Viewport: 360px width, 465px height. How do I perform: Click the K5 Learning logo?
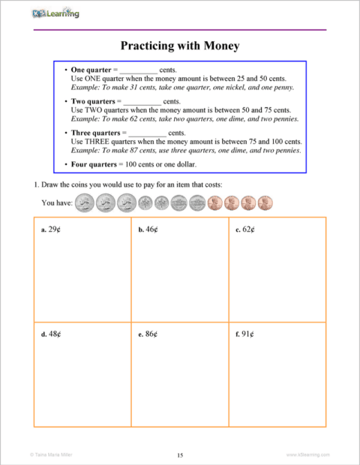pos(56,13)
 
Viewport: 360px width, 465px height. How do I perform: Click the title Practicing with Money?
pos(180,46)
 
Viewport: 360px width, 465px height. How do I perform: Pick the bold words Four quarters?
pos(94,163)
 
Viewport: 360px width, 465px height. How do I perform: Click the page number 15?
pos(180,454)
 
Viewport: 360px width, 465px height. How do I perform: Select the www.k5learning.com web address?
pos(308,454)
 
